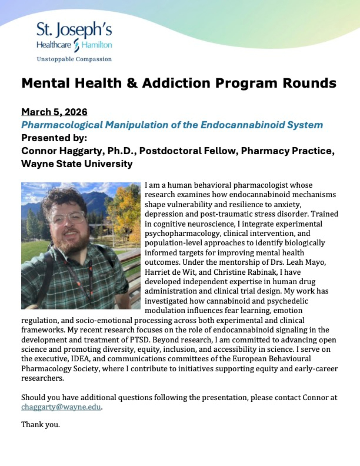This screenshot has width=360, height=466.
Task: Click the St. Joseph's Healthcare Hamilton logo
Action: tap(74, 36)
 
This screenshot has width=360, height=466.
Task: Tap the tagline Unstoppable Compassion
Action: tap(74, 59)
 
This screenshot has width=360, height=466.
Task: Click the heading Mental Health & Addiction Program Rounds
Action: tap(179, 83)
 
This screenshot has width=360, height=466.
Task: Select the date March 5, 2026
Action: tap(50, 112)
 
